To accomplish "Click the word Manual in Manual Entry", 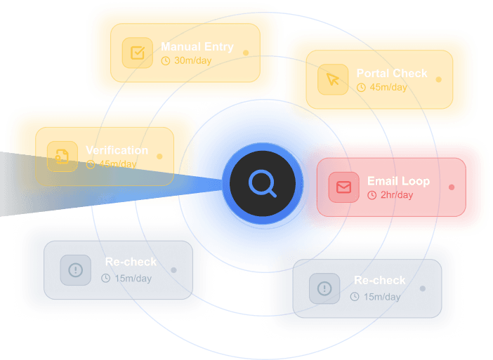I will pyautogui.click(x=180, y=47).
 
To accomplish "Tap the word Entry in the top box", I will pyautogui.click(x=218, y=47).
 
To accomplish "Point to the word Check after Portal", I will pyautogui.click(x=410, y=73).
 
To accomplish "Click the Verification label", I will pyautogui.click(x=117, y=150).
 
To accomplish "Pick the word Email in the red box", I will pyautogui.click(x=383, y=181).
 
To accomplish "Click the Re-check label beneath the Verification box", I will pyautogui.click(x=131, y=262).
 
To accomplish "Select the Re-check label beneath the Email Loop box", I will pyautogui.click(x=379, y=280).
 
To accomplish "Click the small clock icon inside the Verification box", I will pyautogui.click(x=91, y=165).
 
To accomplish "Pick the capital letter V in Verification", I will pyautogui.click(x=89, y=150).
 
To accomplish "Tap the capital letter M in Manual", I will pyautogui.click(x=165, y=47).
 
